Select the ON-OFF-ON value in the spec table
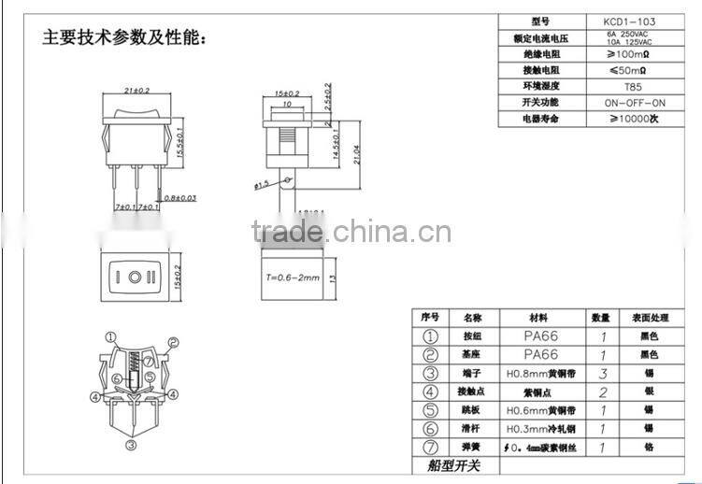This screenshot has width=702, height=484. click(x=634, y=102)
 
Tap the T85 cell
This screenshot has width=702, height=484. click(x=634, y=86)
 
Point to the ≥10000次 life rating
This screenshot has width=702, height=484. click(x=634, y=119)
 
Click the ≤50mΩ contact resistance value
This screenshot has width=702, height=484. click(x=634, y=70)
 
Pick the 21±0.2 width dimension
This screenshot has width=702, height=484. click(x=136, y=91)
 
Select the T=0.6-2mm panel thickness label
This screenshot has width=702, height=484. click(x=293, y=278)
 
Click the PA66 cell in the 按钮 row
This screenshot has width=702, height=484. click(x=541, y=335)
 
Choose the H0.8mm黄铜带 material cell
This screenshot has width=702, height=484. click(x=541, y=374)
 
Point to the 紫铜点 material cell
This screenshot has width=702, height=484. click(x=541, y=392)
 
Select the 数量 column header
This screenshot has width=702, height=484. click(x=601, y=318)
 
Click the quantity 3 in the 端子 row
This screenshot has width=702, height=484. click(x=603, y=374)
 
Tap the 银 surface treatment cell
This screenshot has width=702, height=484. click(x=650, y=392)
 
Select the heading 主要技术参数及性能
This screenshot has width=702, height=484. click(x=124, y=37)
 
